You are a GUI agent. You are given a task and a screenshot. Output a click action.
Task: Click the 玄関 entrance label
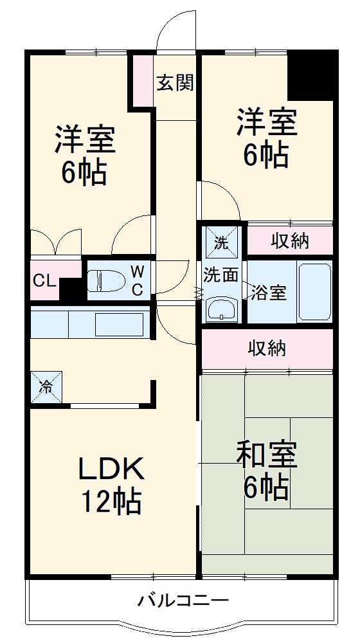coord(175,83)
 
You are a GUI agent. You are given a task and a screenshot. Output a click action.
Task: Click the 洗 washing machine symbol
coord(221,242)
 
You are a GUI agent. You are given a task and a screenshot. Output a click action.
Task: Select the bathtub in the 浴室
coord(315,292)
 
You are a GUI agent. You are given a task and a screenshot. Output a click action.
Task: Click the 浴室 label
coord(269,293)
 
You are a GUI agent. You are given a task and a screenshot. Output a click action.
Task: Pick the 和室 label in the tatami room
coord(266,455)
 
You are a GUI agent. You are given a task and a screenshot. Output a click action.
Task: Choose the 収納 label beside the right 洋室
coord(289,241)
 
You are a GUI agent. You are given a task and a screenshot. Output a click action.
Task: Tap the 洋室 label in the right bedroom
coord(266,122)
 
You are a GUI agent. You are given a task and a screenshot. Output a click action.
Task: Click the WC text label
coord(138,280)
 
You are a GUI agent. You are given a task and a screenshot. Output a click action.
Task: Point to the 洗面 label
coord(221,275)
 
